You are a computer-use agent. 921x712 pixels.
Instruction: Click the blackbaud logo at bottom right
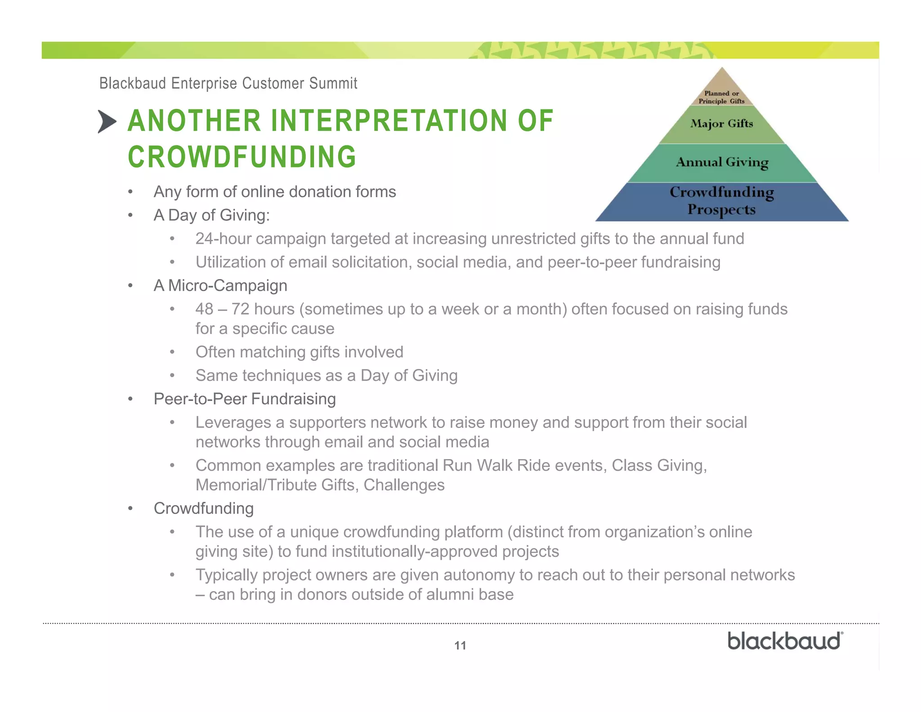click(x=785, y=641)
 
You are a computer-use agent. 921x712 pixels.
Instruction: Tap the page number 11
click(x=460, y=646)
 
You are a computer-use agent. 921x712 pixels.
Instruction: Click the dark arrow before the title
click(x=107, y=122)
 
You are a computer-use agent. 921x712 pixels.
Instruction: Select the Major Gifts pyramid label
click(x=721, y=124)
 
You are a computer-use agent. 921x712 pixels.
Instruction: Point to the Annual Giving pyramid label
click(x=722, y=162)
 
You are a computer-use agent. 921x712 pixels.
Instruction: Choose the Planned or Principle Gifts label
click(x=721, y=97)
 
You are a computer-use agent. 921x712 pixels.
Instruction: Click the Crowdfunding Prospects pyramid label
click(x=722, y=201)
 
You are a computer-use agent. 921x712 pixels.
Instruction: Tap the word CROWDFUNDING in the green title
click(x=242, y=157)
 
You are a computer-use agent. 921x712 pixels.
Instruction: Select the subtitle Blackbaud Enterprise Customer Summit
click(x=228, y=84)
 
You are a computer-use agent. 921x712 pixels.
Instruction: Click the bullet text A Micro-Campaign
click(x=220, y=286)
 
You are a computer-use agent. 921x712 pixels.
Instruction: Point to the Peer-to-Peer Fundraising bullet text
click(x=245, y=399)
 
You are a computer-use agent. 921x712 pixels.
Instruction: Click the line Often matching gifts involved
click(x=299, y=352)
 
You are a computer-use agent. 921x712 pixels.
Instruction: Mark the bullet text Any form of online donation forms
click(x=274, y=192)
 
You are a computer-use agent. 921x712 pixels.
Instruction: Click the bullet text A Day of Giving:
click(x=211, y=215)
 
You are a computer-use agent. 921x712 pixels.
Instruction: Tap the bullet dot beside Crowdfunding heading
click(x=130, y=509)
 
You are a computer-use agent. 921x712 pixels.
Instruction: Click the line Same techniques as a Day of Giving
click(x=326, y=375)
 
